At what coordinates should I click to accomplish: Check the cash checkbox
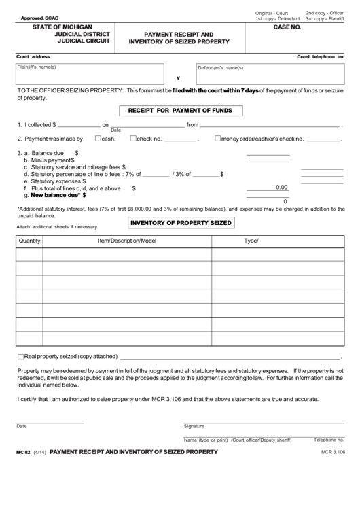(98, 139)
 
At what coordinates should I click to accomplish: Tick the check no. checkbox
(134, 139)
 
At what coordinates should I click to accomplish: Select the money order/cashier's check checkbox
(217, 139)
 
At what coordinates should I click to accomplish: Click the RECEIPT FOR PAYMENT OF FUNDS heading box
(176, 110)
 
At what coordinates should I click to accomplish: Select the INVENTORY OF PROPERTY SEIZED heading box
(181, 223)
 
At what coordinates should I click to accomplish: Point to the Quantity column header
(30, 241)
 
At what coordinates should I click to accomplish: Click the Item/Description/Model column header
(127, 241)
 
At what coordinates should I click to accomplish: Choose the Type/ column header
(251, 241)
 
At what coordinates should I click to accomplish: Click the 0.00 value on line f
(281, 188)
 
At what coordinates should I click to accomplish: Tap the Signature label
(194, 426)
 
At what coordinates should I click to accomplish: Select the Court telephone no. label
(322, 56)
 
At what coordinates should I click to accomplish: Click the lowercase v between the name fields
(179, 77)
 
